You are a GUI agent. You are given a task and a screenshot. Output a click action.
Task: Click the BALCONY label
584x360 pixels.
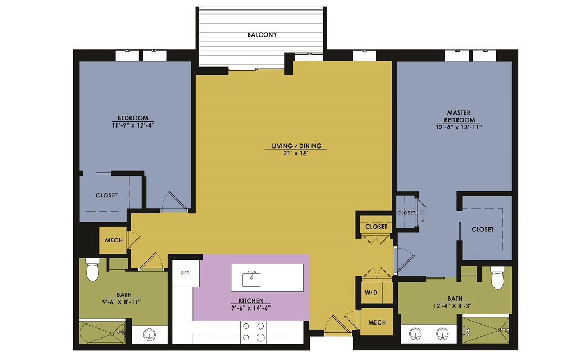click(x=262, y=35)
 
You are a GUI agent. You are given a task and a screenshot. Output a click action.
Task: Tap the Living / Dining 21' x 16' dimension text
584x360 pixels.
click(x=296, y=153)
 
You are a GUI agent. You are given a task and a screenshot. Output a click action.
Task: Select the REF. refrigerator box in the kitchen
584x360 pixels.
click(x=186, y=273)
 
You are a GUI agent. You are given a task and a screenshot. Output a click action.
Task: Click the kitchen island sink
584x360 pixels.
click(x=251, y=279)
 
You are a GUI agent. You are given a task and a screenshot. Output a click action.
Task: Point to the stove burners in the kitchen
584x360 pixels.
click(x=253, y=332)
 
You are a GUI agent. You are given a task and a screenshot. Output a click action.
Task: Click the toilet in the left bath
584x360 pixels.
click(x=92, y=269)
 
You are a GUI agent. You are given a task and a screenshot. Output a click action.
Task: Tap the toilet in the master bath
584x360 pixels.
click(x=497, y=277)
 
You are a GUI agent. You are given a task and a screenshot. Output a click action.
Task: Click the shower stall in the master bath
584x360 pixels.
click(x=486, y=330)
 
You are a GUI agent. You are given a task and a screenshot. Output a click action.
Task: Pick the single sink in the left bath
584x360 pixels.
click(x=150, y=334)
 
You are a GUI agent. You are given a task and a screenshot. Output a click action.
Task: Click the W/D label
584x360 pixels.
click(x=371, y=292)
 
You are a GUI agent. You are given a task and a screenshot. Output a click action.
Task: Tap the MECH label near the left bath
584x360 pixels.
click(x=114, y=241)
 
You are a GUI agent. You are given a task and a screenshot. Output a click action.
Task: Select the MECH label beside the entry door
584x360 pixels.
click(x=377, y=322)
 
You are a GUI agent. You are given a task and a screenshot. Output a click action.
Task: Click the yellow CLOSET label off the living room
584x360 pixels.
click(x=376, y=227)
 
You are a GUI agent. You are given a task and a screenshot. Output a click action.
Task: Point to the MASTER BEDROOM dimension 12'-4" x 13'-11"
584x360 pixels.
click(x=459, y=127)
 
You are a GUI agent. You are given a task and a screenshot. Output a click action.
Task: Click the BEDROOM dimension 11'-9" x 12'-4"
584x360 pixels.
click(x=133, y=125)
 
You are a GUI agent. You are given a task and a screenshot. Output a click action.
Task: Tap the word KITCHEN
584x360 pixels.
click(x=251, y=300)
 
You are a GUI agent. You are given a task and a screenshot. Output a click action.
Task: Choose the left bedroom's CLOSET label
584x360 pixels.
click(x=106, y=195)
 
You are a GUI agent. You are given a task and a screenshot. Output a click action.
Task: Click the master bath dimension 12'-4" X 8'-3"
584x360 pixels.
click(x=452, y=306)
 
